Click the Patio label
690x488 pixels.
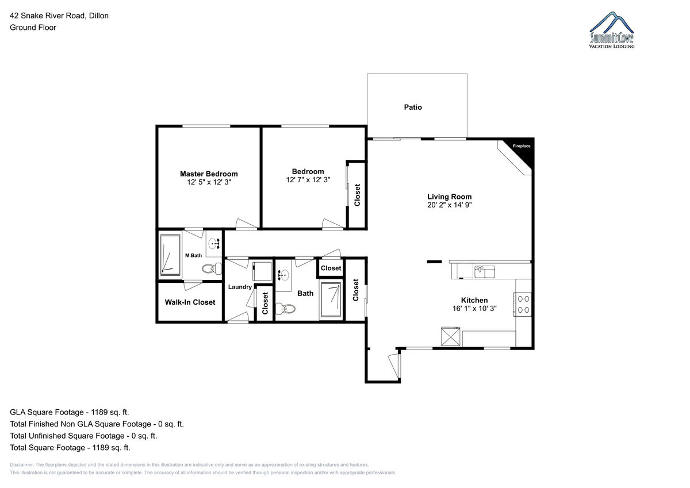413,107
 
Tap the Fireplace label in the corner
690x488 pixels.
521,146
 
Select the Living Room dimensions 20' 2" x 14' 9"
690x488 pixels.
450,205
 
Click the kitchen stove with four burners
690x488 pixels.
523,304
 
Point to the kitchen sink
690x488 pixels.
485,272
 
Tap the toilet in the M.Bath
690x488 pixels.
212,268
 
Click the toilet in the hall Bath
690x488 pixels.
285,309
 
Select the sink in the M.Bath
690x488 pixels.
214,244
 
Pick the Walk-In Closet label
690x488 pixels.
190,302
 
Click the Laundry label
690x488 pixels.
240,287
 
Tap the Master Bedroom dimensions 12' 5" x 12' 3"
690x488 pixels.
209,182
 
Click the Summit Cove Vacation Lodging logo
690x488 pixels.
611,30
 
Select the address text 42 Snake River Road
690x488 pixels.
47,16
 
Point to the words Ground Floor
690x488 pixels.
33,28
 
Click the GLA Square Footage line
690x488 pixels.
70,412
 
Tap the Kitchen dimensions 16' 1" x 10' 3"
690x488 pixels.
474,308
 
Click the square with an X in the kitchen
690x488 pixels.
450,336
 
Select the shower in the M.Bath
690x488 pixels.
170,255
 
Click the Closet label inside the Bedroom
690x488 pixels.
357,195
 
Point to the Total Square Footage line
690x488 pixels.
70,447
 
